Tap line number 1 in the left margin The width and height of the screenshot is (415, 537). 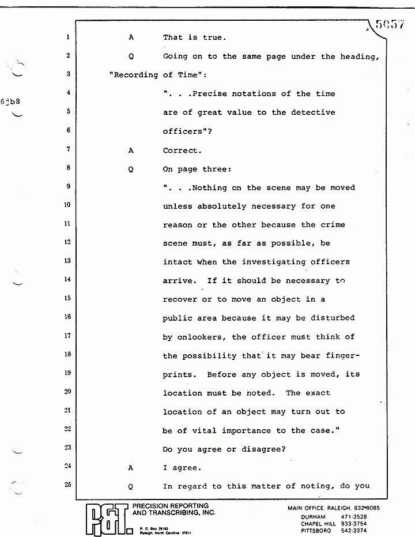coord(68,37)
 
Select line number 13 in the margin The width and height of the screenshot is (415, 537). coord(67,261)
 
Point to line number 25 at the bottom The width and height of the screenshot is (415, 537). coord(67,485)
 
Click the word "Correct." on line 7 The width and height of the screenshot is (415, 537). coord(182,151)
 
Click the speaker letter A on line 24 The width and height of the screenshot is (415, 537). coord(131,468)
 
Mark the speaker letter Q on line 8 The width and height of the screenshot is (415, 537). coord(131,169)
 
